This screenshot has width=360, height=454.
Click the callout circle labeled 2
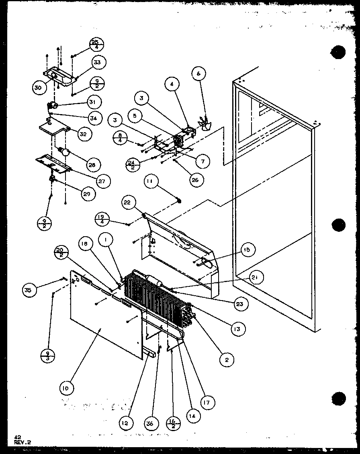227,360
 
